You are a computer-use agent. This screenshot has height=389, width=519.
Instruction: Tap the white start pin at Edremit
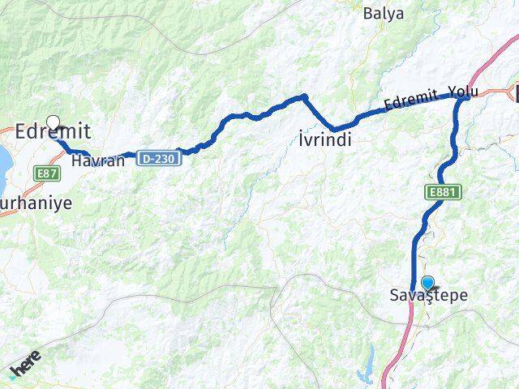(54, 123)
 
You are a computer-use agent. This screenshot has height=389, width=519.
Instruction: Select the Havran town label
(97, 160)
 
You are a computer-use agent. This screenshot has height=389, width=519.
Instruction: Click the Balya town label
(384, 13)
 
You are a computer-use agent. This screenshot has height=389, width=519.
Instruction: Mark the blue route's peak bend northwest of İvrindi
(304, 96)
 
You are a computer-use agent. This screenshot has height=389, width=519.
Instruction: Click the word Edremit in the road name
(410, 100)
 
